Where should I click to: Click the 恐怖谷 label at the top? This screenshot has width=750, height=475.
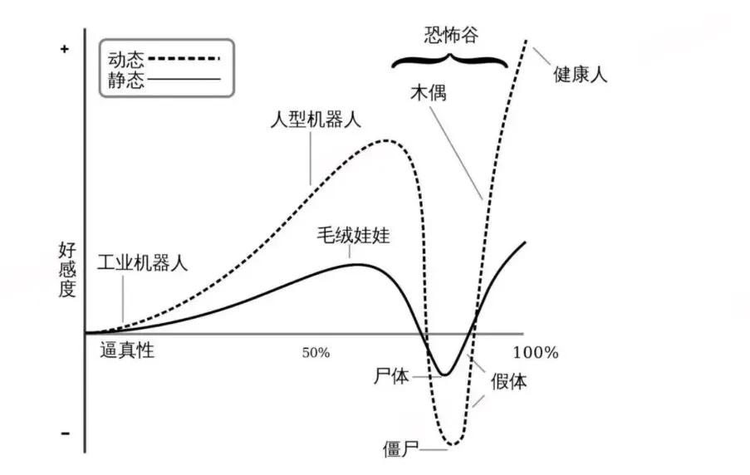coord(451,35)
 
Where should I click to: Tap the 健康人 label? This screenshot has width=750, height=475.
coord(581,74)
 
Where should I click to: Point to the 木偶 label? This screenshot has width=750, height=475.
coord(429,92)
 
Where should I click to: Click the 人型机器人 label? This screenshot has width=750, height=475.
coord(316,120)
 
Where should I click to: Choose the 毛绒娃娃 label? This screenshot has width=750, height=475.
coord(354,235)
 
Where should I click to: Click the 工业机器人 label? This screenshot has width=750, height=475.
coord(143,262)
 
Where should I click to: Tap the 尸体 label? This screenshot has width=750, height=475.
coord(391,376)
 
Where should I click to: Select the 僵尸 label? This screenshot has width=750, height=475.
coord(401,448)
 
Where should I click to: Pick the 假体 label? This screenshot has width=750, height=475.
coord(509,381)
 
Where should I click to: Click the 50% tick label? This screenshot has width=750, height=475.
coord(316,353)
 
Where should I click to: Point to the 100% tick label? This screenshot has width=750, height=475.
coord(536,353)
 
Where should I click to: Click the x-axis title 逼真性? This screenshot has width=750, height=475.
coord(127,350)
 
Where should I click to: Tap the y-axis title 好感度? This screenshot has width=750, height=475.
coord(67,270)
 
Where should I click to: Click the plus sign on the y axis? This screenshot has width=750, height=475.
coord(65,49)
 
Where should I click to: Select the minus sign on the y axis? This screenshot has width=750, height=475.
coord(65,433)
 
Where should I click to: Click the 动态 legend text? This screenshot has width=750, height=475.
coord(125,59)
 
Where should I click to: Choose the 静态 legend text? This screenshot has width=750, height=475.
coord(125,80)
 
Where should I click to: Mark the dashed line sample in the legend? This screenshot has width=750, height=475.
coord(184,59)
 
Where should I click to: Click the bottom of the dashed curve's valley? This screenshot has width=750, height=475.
coord(453,445)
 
